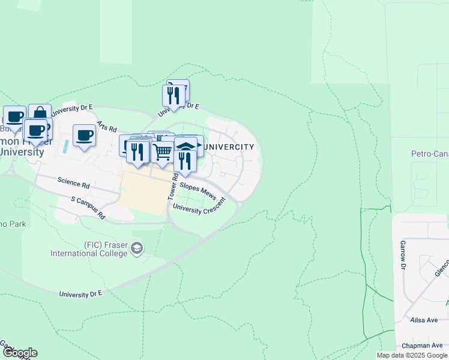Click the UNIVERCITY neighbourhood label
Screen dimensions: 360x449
229,146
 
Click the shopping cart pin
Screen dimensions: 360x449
162,152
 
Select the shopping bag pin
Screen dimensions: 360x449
40,113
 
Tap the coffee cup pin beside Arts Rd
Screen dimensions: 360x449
84,135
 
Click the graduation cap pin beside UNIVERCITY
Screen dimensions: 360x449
186,146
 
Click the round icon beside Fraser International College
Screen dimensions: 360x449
137,248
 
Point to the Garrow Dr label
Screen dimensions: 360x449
403,254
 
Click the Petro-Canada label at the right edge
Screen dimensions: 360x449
429,154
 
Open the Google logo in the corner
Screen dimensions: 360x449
19,353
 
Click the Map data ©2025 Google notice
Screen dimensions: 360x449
412,355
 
